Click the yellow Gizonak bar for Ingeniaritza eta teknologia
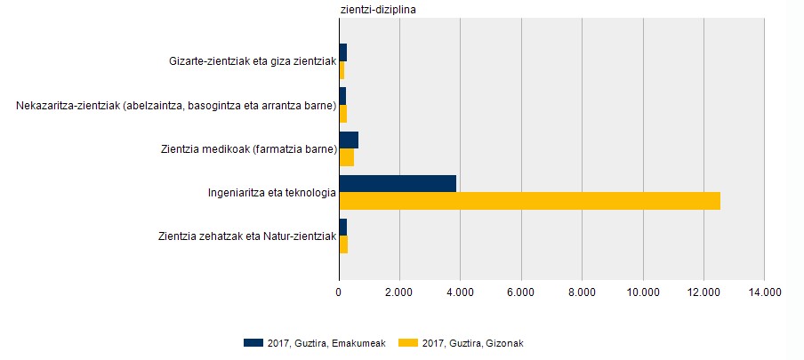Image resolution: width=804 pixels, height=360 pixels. click(x=530, y=201)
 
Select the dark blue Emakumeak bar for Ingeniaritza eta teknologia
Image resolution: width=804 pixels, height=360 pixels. click(x=398, y=183)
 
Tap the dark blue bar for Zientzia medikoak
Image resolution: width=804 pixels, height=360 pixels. click(x=349, y=140)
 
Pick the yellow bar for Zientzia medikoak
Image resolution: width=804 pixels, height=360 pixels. click(x=347, y=157)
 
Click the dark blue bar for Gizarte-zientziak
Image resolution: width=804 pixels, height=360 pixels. click(x=343, y=52)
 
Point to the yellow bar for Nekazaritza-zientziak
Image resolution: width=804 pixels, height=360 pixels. click(x=343, y=114)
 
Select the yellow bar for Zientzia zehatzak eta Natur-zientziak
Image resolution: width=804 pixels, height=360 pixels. click(x=343, y=244)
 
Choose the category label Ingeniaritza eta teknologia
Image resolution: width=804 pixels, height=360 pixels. click(x=271, y=192)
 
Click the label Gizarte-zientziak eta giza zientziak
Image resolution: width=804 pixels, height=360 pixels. click(x=252, y=61)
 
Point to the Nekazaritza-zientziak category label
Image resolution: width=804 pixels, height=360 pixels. click(x=175, y=106)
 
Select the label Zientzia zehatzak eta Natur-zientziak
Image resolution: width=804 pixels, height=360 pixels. click(x=246, y=236)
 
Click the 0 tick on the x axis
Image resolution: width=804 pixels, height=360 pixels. click(x=339, y=291)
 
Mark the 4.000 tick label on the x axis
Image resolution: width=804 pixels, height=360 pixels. click(x=460, y=291)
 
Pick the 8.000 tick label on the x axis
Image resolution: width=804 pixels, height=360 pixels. click(x=582, y=291)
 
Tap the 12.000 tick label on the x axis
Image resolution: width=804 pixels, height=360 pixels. click(x=703, y=291)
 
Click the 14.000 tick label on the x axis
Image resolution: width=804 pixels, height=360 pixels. click(x=764, y=291)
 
